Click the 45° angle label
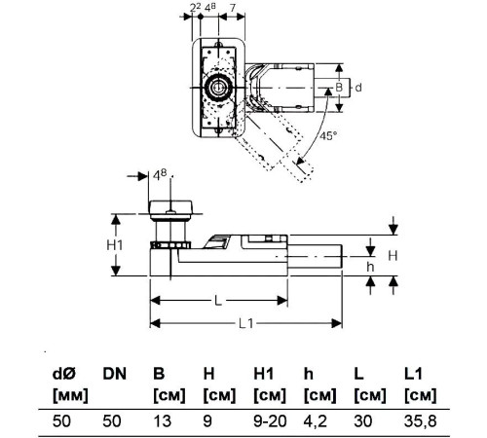tap(328, 135)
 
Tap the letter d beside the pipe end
tap(358, 88)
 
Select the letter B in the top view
tap(339, 88)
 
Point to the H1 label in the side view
tap(115, 245)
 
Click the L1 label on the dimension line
tap(245, 323)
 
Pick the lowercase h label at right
tap(370, 267)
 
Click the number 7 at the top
tap(233, 8)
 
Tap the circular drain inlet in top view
tap(218, 88)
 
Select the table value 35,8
tap(421, 421)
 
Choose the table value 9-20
tap(270, 421)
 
